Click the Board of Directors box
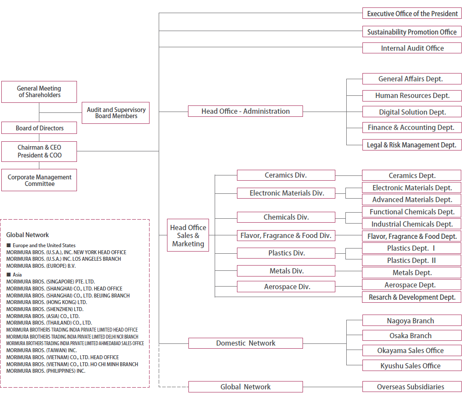point(39,128)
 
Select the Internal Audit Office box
point(412,48)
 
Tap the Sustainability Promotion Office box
point(412,32)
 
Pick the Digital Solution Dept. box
point(412,112)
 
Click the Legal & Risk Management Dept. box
point(412,145)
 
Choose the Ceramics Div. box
point(286,175)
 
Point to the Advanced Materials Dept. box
point(412,199)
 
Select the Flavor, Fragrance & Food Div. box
point(286,235)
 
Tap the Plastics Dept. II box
point(412,260)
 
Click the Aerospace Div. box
point(286,287)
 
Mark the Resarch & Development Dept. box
point(412,297)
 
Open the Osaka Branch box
point(412,336)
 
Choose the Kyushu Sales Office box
point(412,366)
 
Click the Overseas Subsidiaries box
point(412,387)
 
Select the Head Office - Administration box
point(245,111)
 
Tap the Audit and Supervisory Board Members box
point(115,113)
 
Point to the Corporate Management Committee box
point(39,180)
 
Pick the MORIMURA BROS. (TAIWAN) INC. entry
point(41,350)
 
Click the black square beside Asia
point(8,274)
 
